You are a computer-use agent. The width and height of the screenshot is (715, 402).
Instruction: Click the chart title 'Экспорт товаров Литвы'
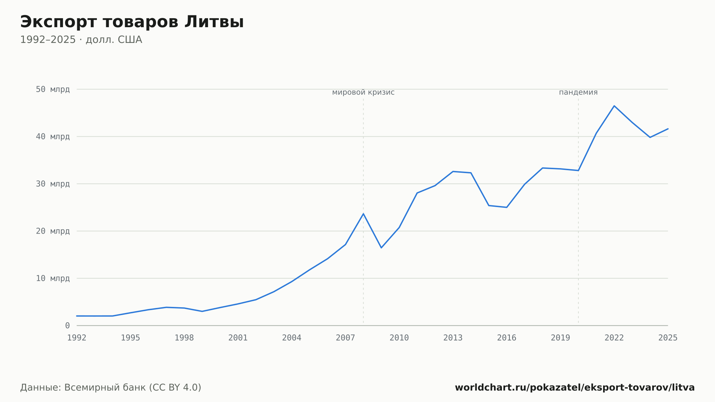pyautogui.click(x=132, y=22)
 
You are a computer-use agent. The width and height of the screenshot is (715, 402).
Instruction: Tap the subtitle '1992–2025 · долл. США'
pyautogui.click(x=81, y=40)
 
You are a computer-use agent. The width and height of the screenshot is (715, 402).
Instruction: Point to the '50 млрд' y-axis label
pyautogui.click(x=53, y=89)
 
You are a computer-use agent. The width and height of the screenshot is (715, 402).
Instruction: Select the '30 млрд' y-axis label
pyautogui.click(x=53, y=184)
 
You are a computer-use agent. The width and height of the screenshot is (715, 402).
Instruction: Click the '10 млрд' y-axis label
pyautogui.click(x=53, y=278)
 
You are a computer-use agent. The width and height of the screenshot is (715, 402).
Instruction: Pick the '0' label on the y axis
pyautogui.click(x=68, y=325)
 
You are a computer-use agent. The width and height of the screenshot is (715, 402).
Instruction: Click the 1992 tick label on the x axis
pyautogui.click(x=77, y=338)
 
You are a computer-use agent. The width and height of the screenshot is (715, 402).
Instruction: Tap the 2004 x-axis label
pyautogui.click(x=292, y=338)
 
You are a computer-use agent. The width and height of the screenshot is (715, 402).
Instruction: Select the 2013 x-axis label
pyautogui.click(x=453, y=338)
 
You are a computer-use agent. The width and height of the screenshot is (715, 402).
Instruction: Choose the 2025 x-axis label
pyautogui.click(x=668, y=338)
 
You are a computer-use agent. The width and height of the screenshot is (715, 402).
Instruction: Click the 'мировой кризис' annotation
pyautogui.click(x=363, y=92)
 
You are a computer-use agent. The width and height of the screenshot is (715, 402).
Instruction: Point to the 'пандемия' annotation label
pyautogui.click(x=578, y=92)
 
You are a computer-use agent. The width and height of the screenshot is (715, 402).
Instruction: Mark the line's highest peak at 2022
pyautogui.click(x=614, y=106)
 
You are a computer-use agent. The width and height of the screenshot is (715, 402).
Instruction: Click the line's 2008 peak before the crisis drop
pyautogui.click(x=363, y=214)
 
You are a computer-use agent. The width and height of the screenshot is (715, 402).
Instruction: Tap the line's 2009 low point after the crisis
pyautogui.click(x=381, y=247)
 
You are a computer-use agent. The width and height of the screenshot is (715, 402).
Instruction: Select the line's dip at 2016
pyautogui.click(x=507, y=207)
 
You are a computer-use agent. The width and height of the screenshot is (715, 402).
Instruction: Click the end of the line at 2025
pyautogui.click(x=668, y=129)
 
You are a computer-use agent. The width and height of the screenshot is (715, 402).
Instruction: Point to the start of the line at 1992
pyautogui.click(x=77, y=316)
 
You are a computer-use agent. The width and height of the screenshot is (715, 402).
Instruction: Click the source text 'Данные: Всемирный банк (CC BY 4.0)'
pyautogui.click(x=111, y=387)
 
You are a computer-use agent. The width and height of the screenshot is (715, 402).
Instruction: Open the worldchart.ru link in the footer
pyautogui.click(x=575, y=387)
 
